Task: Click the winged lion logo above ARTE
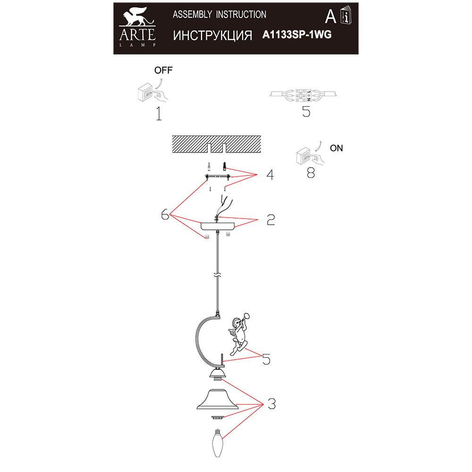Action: click(137, 17)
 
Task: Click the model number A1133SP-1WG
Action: click(297, 34)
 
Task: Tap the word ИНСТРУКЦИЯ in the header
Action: click(212, 35)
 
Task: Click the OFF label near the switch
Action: click(163, 70)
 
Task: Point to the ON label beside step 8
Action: click(336, 148)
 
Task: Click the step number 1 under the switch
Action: click(159, 113)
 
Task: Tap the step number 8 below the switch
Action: click(311, 173)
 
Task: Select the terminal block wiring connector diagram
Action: click(303, 95)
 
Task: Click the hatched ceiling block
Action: click(217, 144)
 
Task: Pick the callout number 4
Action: click(270, 175)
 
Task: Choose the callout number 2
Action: click(271, 220)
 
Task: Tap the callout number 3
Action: click(271, 404)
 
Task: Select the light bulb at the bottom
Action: click(218, 443)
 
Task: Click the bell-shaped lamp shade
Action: click(217, 399)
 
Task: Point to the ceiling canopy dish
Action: click(218, 227)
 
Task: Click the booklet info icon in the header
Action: click(346, 15)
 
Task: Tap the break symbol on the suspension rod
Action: click(217, 275)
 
